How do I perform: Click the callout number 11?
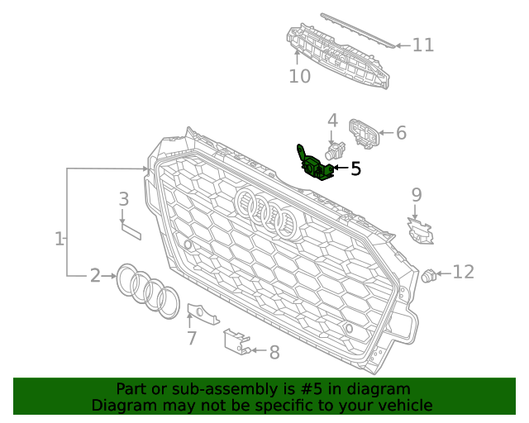click(423, 45)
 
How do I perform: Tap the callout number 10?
click(299, 77)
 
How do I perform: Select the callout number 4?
click(332, 121)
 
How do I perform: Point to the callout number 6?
click(401, 132)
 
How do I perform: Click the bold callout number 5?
click(355, 169)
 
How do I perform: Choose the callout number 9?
click(417, 195)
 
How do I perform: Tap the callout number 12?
click(463, 272)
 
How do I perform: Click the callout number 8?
click(274, 353)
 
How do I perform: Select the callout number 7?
click(192, 337)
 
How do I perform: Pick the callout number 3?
click(123, 199)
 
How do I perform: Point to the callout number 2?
click(95, 276)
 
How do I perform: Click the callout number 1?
click(60, 240)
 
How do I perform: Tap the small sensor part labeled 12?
click(429, 275)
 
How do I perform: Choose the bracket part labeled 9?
click(421, 231)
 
